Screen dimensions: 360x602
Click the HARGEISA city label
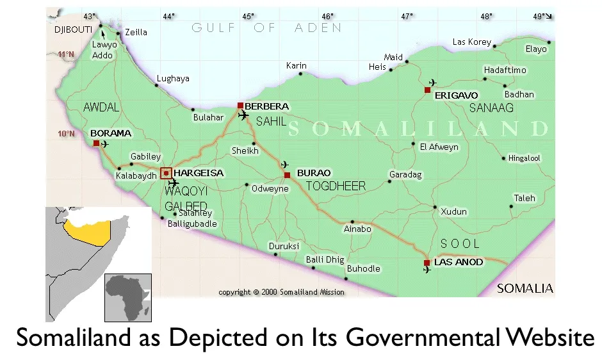(199, 173)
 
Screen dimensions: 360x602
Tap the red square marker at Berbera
(240, 106)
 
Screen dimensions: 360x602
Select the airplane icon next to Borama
(105, 145)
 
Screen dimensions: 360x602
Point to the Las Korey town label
(471, 42)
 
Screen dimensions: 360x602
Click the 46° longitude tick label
(327, 16)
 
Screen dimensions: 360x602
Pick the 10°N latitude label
(66, 134)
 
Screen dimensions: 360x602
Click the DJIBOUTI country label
(74, 29)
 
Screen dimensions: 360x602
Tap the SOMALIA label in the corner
(525, 288)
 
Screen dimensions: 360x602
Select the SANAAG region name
(491, 108)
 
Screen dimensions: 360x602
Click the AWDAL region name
(101, 108)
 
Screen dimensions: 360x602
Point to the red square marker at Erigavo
(427, 90)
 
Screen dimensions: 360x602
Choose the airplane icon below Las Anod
(427, 270)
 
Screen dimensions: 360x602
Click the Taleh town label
(525, 198)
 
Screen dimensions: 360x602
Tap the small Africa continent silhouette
(128, 297)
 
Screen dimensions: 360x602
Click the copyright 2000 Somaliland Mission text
(281, 292)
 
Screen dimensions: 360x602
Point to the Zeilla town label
(136, 32)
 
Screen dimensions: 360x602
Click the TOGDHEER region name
(336, 186)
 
